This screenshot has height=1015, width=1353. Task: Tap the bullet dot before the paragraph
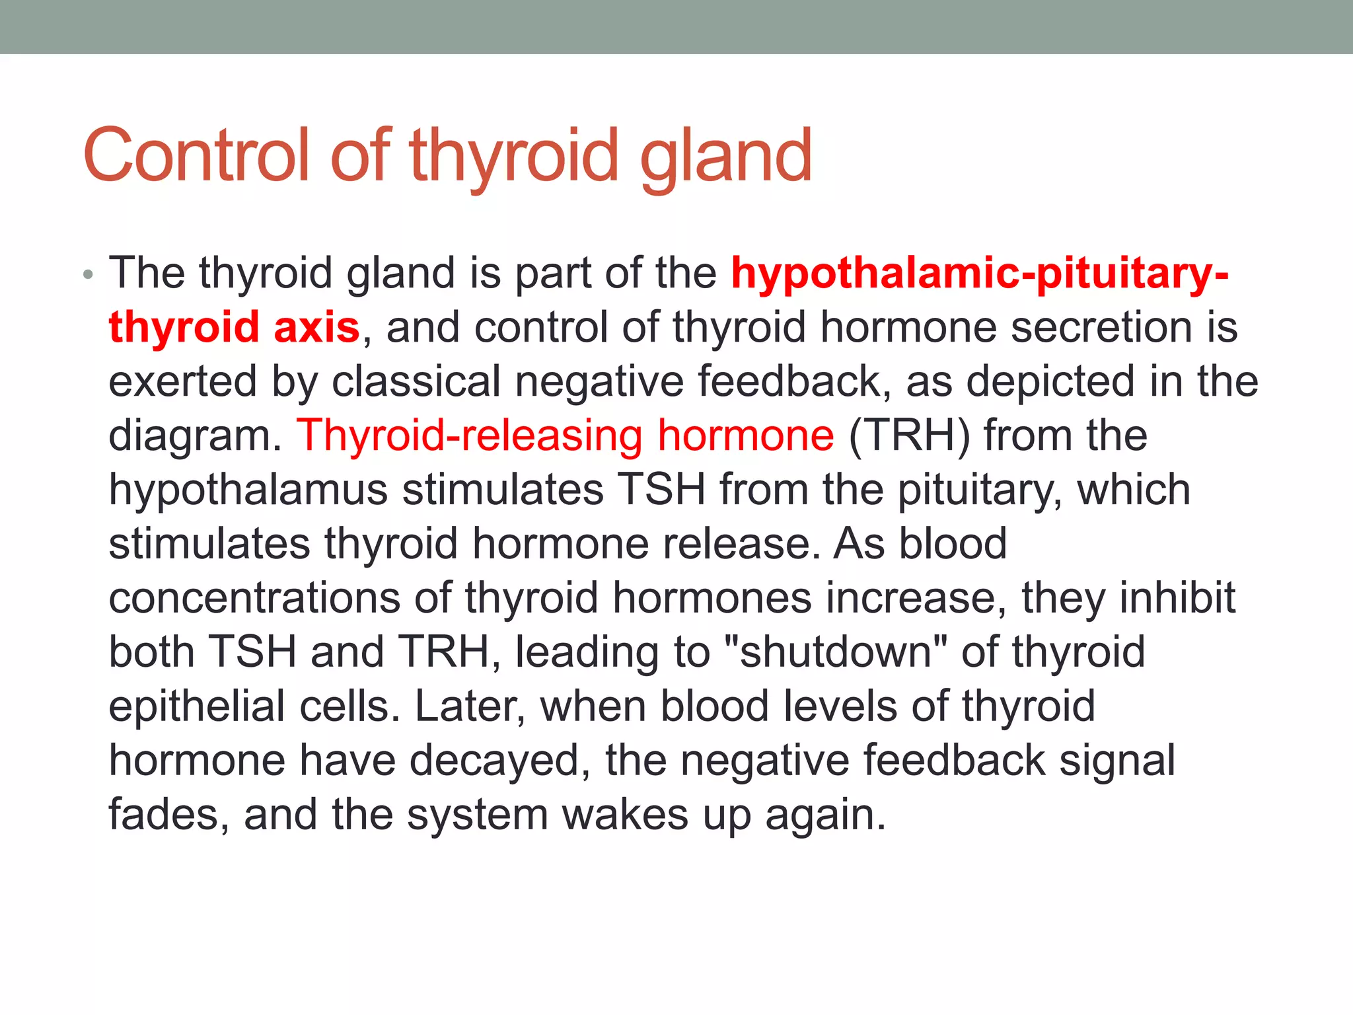89,275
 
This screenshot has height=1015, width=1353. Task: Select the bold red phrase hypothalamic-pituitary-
980,274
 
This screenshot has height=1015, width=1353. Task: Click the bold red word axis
316,328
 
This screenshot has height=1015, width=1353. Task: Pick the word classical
416,382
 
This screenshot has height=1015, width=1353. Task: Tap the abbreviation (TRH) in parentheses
909,436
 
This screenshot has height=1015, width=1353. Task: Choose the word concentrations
254,599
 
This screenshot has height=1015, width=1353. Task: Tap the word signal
1117,761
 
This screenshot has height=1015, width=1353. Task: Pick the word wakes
625,815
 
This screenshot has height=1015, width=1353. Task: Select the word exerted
182,382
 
